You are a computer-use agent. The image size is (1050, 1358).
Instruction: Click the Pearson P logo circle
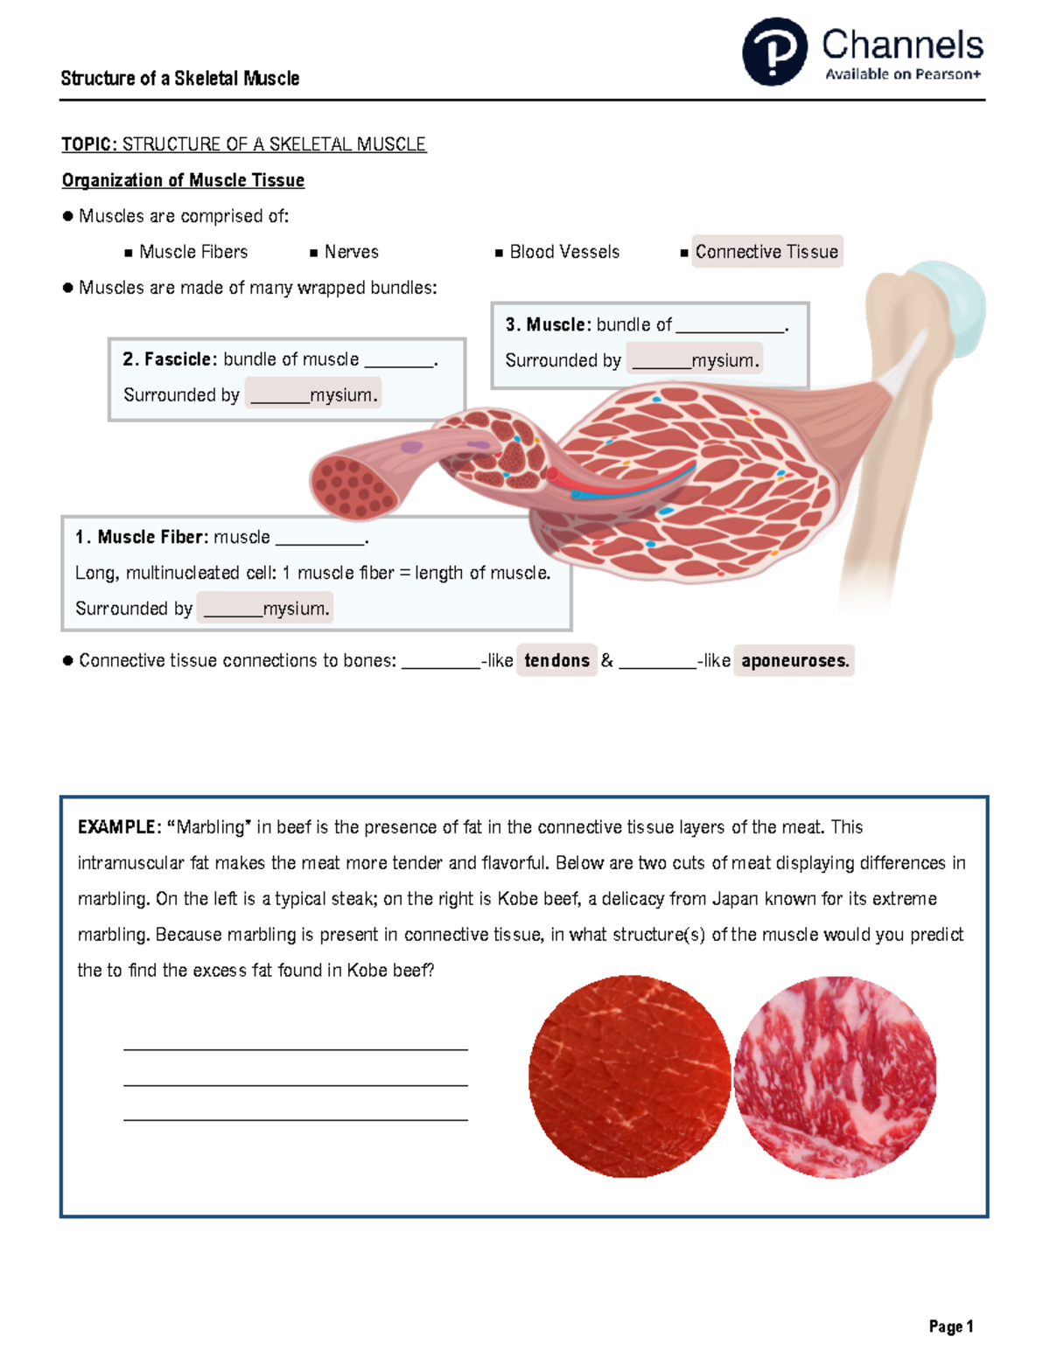pyautogui.click(x=774, y=52)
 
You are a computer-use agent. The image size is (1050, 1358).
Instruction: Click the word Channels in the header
pyautogui.click(x=902, y=45)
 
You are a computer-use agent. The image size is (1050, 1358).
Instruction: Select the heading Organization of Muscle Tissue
pyautogui.click(x=183, y=180)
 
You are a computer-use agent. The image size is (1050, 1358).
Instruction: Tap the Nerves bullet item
pyautogui.click(x=351, y=252)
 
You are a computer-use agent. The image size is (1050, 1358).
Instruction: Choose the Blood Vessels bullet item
pyautogui.click(x=564, y=252)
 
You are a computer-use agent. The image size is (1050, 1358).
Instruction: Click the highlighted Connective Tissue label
pyautogui.click(x=766, y=252)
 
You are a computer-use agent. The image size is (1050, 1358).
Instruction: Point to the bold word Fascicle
pyautogui.click(x=178, y=359)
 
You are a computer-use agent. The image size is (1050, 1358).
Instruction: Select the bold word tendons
pyautogui.click(x=556, y=660)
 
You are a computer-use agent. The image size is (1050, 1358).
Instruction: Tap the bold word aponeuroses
pyautogui.click(x=794, y=660)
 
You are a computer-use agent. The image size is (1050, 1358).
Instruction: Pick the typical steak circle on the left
pyautogui.click(x=629, y=1076)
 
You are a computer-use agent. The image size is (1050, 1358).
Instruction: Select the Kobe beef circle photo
pyautogui.click(x=835, y=1076)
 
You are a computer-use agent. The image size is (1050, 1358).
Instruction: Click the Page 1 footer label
pyautogui.click(x=951, y=1327)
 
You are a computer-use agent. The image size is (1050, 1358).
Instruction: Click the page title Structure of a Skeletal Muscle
pyautogui.click(x=180, y=79)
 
